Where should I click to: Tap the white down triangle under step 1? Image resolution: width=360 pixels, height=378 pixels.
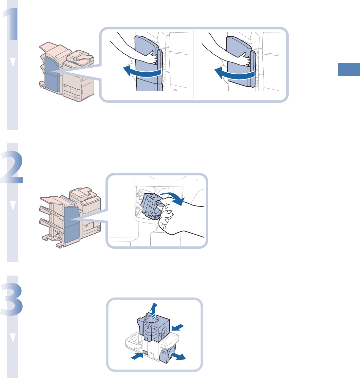(13, 63)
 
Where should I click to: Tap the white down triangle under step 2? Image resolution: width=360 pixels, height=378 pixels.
(13, 206)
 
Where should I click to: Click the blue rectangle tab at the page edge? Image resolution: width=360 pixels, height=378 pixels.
(349, 70)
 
